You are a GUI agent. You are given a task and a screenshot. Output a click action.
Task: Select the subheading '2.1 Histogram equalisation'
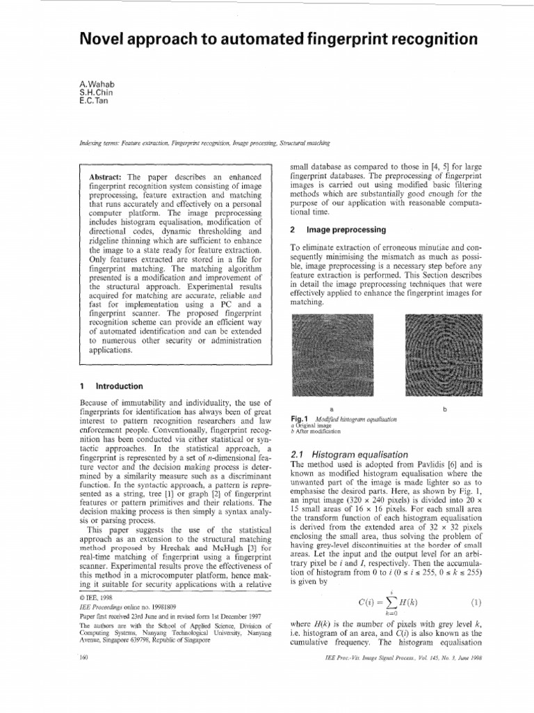tap(339, 454)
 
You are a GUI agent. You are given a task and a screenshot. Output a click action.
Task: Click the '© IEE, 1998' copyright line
tap(97, 597)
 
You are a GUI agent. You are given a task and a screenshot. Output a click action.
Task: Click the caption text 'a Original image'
tap(309, 425)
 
